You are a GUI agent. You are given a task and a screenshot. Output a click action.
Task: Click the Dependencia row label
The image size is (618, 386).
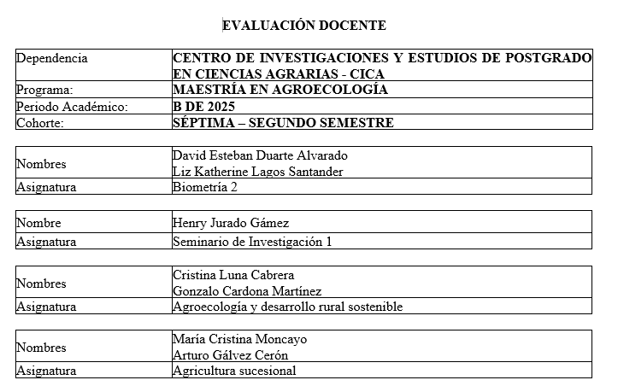pos(52,58)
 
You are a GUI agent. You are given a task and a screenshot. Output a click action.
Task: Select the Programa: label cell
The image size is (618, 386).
pos(44,90)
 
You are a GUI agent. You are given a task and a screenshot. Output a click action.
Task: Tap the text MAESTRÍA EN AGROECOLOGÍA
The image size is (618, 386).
pos(280,90)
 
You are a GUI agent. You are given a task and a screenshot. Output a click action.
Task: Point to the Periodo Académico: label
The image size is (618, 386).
pos(72,107)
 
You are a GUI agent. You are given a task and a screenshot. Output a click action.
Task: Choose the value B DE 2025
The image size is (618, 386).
pos(203,107)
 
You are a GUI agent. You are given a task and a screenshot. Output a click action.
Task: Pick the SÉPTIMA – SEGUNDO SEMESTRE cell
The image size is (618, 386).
pos(283,123)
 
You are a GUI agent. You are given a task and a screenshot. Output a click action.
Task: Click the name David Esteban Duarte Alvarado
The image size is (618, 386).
pos(260,155)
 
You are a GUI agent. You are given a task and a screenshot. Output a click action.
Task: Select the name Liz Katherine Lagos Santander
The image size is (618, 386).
pos(257,172)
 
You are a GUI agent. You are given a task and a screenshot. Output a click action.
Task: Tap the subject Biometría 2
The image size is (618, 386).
pos(204,188)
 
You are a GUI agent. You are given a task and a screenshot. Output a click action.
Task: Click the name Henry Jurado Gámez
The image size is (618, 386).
pos(231,224)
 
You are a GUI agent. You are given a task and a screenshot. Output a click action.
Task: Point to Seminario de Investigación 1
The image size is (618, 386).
pos(252,242)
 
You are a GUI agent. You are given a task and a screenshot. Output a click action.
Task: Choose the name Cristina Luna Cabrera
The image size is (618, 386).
pos(233,275)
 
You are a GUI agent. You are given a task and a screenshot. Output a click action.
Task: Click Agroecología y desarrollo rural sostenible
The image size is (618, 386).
pos(287,307)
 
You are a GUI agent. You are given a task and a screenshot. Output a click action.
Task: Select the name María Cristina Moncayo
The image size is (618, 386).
pos(239,339)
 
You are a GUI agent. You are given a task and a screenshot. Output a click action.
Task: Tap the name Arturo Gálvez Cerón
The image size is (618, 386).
pos(230,355)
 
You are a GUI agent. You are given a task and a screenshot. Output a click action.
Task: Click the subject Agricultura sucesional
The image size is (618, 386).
pos(234,371)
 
